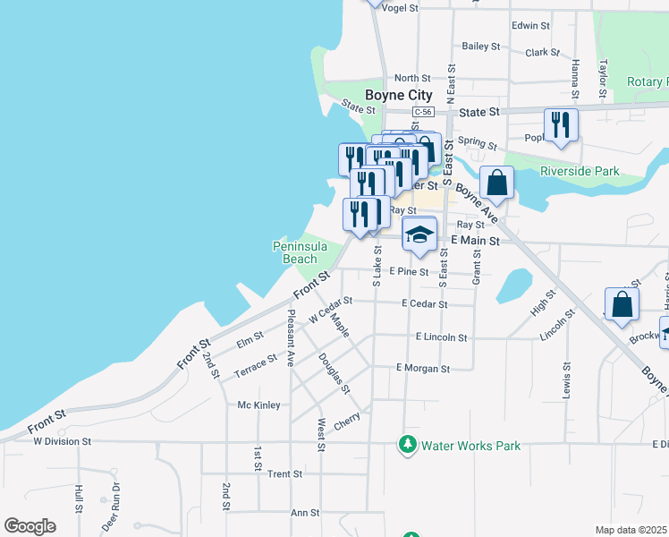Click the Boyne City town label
click(398, 95)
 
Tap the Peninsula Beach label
click(300, 252)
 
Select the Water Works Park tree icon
click(408, 444)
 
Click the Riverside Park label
click(580, 171)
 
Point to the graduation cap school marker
click(419, 234)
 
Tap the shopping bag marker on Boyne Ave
click(497, 183)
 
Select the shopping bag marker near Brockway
click(622, 304)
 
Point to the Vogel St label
click(400, 8)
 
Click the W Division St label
click(63, 441)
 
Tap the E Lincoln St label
click(442, 337)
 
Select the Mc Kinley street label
click(258, 405)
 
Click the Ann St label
click(305, 513)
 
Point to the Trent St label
click(285, 473)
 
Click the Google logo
click(30, 526)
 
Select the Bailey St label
click(480, 46)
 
